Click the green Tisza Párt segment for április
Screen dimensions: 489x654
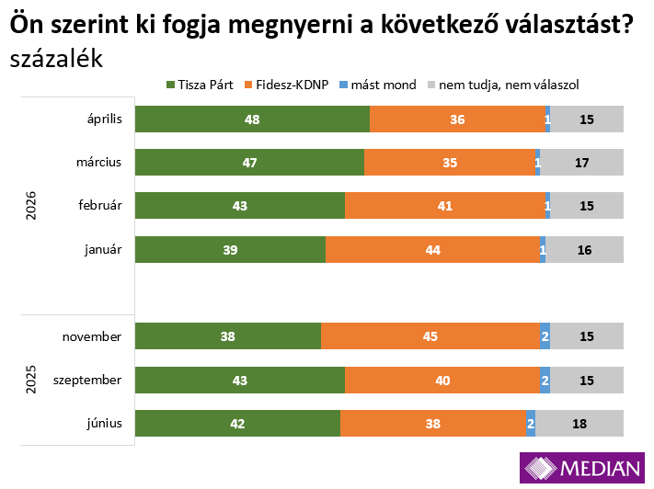click(252, 119)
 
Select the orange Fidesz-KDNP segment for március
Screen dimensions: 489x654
click(449, 163)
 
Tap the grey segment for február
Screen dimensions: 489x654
click(587, 206)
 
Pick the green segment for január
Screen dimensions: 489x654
click(230, 250)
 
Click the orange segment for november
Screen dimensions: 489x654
click(430, 336)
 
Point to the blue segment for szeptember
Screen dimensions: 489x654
click(545, 380)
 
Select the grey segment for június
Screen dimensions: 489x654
click(579, 423)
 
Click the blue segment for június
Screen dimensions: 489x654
click(531, 423)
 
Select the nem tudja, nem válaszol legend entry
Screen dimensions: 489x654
click(501, 85)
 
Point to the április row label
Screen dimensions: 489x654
click(101, 119)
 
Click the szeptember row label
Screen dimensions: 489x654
click(87, 380)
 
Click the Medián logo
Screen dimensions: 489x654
click(582, 468)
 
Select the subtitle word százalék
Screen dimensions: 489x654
click(56, 59)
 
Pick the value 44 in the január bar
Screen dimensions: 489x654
click(432, 250)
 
